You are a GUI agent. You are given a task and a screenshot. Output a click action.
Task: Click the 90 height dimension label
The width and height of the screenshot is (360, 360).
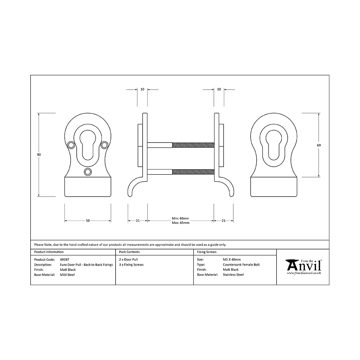click(x=39, y=155)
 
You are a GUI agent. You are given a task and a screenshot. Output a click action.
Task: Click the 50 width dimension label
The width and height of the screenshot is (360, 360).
click(x=88, y=221)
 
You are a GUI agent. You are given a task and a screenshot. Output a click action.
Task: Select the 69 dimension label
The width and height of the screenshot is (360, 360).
click(x=319, y=145)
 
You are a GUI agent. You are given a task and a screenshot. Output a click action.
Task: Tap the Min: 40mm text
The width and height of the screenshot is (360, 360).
click(x=180, y=219)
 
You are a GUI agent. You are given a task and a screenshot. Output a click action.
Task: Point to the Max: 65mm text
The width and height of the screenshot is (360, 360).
click(x=181, y=223)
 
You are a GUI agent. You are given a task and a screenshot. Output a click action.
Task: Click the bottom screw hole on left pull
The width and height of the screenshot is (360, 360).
click(x=88, y=172)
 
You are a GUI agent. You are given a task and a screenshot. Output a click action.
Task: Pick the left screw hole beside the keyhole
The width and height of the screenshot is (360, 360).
click(x=71, y=145)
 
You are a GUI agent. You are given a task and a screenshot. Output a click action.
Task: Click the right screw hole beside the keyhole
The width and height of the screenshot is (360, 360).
click(x=104, y=145)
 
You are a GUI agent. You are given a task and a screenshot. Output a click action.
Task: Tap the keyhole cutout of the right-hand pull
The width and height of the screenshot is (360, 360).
click(x=274, y=145)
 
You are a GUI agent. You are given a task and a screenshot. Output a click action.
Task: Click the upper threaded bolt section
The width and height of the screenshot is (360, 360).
click(x=193, y=145)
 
